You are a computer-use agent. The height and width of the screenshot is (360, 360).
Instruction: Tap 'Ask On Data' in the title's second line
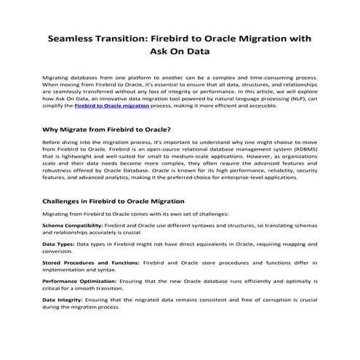click(x=180, y=52)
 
